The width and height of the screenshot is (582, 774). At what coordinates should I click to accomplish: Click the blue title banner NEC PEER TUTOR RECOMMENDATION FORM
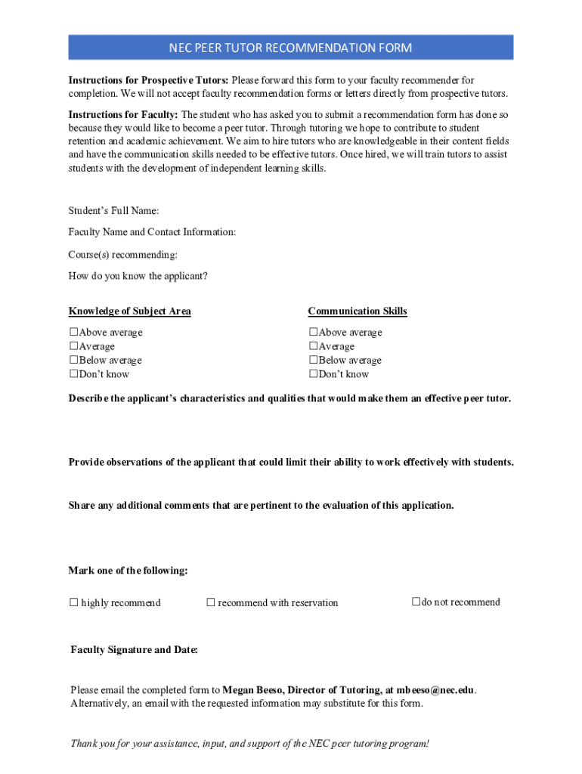click(x=291, y=48)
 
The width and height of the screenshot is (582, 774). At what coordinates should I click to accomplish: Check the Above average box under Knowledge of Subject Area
click(x=74, y=333)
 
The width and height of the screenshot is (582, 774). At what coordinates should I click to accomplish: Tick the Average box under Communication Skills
click(x=314, y=346)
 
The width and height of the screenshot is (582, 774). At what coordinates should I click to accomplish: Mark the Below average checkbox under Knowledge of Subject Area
click(x=74, y=361)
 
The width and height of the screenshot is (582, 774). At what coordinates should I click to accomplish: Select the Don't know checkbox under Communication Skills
click(x=314, y=374)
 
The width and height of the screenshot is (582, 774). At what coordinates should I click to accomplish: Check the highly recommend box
click(x=74, y=602)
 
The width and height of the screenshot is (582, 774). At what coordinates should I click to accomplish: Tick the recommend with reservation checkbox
click(x=212, y=602)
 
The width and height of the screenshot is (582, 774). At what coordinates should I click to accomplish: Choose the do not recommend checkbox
click(x=416, y=602)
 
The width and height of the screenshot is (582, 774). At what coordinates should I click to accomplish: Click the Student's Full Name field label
click(x=113, y=211)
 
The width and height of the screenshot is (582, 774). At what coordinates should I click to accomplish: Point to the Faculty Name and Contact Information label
click(x=152, y=232)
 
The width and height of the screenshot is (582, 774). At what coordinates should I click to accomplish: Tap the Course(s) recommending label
click(x=123, y=255)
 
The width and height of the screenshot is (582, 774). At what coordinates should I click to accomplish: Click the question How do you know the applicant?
click(x=138, y=276)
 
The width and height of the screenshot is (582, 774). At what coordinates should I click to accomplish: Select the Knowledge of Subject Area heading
click(x=129, y=311)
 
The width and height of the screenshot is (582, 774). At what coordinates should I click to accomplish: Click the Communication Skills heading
click(x=357, y=311)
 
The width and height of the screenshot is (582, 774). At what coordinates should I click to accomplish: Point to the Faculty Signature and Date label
click(x=134, y=650)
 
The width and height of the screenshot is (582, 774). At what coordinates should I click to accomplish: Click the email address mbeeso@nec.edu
click(x=436, y=690)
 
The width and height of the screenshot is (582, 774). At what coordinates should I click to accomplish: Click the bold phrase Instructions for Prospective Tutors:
click(x=149, y=80)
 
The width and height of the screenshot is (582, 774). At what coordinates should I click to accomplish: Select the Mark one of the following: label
click(x=128, y=571)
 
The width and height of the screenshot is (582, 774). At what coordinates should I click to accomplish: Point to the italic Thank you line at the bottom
click(x=249, y=744)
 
